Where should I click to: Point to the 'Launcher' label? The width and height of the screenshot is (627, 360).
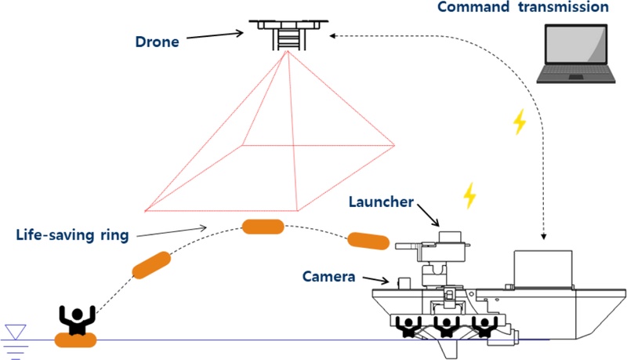[382, 202]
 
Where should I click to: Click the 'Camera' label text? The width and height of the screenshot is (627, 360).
[328, 277]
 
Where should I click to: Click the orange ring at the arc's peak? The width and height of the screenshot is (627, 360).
[263, 227]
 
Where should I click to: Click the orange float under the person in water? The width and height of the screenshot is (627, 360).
[75, 340]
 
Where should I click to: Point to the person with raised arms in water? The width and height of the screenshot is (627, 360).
[77, 320]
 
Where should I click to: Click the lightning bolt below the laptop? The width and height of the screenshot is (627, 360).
[518, 122]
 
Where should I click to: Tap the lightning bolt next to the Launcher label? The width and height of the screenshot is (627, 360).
[469, 195]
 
